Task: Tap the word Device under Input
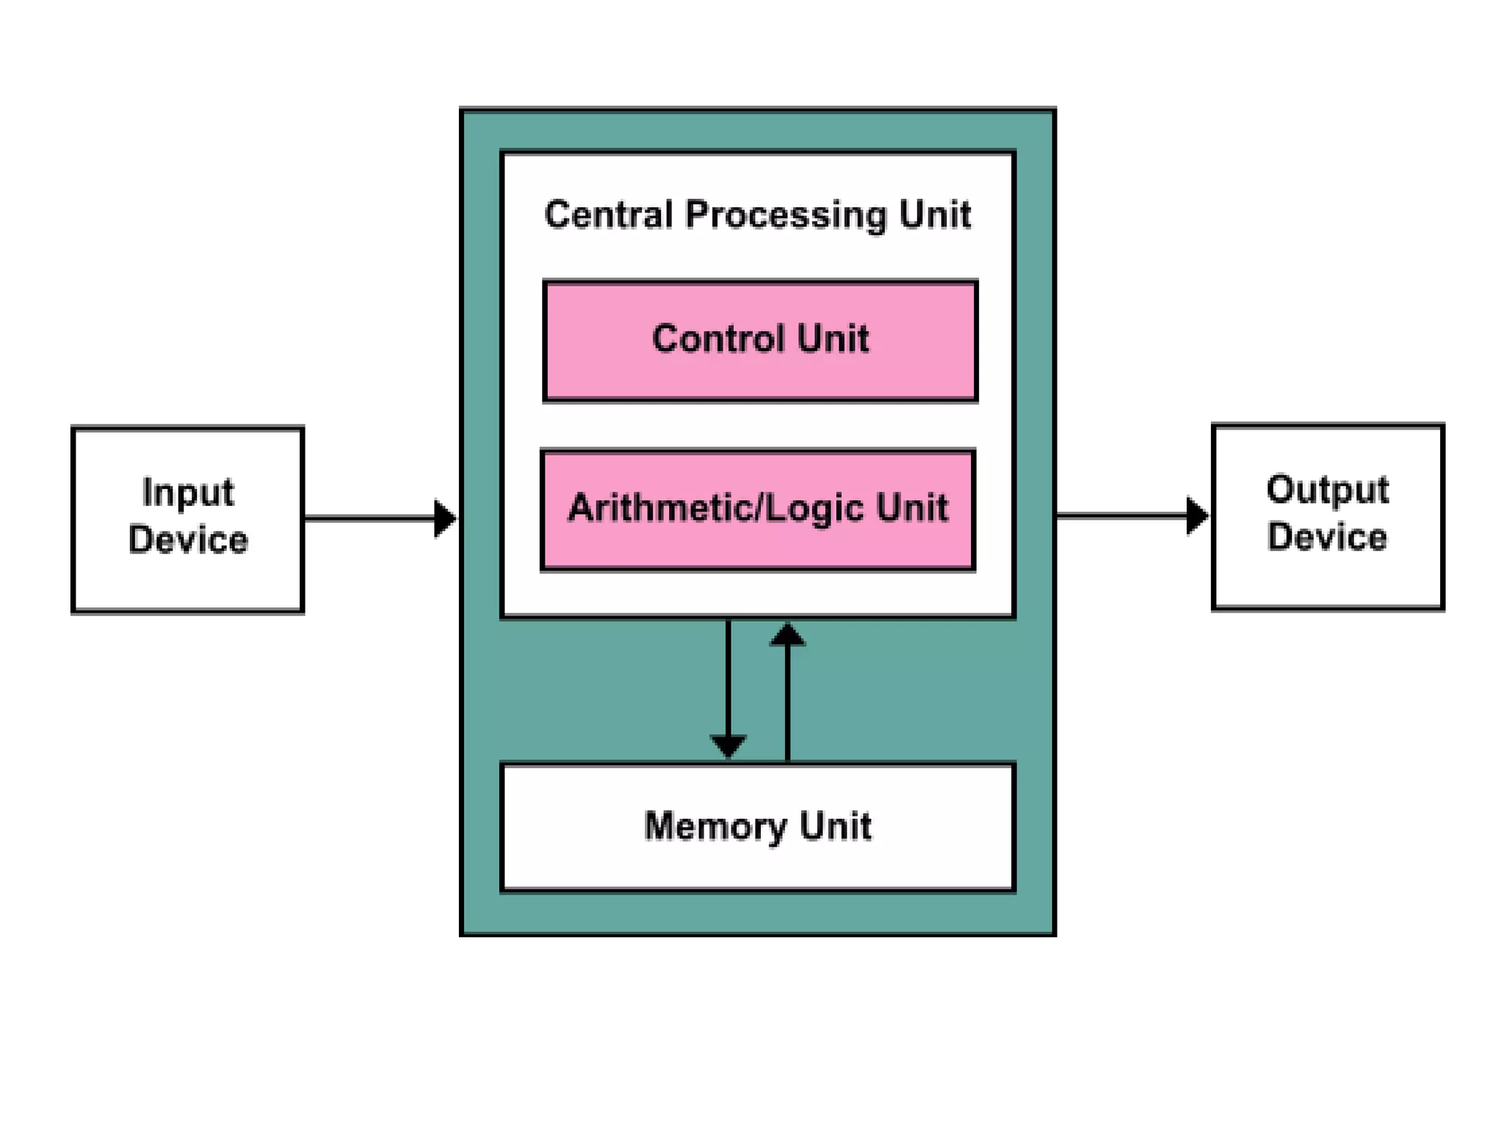point(188,540)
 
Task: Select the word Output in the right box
point(1327,491)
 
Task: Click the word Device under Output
point(1327,537)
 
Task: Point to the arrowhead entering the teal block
point(444,518)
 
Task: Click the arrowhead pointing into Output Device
point(1196,516)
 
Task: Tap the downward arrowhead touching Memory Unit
point(728,745)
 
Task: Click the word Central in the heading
point(608,215)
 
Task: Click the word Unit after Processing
point(935,215)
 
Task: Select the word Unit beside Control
point(833,339)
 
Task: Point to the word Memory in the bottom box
point(715,827)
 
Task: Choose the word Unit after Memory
point(835,825)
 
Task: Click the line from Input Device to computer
point(367,518)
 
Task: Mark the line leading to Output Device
point(1120,516)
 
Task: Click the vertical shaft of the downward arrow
point(728,676)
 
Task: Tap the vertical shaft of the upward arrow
point(787,705)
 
